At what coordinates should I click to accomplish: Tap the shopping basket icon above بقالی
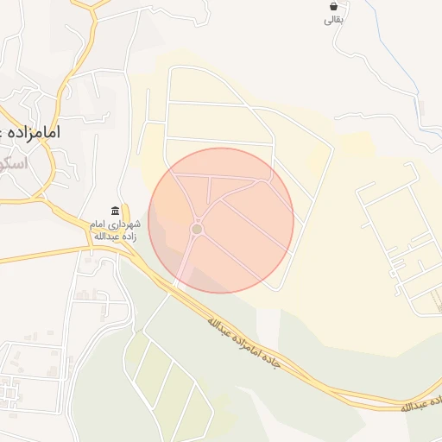(333, 7)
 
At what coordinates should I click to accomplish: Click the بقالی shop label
(333, 20)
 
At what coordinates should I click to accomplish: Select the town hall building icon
(116, 212)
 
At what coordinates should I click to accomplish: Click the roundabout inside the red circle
(197, 229)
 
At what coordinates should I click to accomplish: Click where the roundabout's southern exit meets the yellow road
(177, 282)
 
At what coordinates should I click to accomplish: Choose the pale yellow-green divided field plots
(164, 380)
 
